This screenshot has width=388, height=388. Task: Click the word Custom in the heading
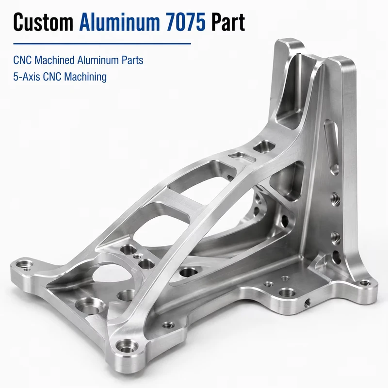coord(43,22)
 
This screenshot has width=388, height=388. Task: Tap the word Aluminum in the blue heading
coord(119,22)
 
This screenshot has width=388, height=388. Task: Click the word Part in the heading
coord(228,22)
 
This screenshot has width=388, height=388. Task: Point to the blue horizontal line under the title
coord(102,44)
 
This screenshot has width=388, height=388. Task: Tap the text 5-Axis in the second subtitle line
coord(27,77)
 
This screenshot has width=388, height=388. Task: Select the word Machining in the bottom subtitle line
coord(85,77)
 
